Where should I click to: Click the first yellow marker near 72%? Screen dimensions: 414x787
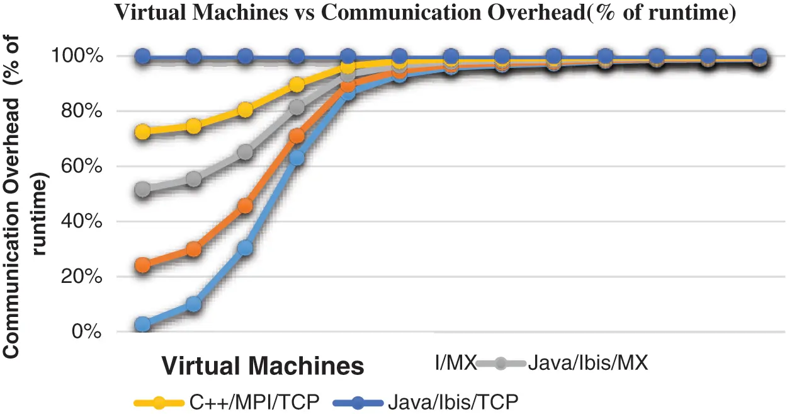(x=143, y=132)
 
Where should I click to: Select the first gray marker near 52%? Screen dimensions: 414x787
(x=143, y=189)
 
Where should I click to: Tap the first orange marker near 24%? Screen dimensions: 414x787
(x=143, y=265)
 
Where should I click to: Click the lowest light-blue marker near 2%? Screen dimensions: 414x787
(x=143, y=325)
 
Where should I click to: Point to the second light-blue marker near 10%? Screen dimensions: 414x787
(x=194, y=304)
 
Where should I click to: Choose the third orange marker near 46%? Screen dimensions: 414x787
(x=246, y=206)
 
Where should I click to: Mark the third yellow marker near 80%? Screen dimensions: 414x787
(x=246, y=110)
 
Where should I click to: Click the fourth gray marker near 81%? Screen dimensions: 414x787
(x=297, y=107)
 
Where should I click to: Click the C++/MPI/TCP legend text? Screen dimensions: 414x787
(x=252, y=402)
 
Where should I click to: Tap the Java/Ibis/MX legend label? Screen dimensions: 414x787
(x=588, y=364)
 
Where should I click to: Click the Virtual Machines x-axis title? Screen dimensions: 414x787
(x=263, y=366)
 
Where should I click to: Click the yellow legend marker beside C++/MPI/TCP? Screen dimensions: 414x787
(x=159, y=402)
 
